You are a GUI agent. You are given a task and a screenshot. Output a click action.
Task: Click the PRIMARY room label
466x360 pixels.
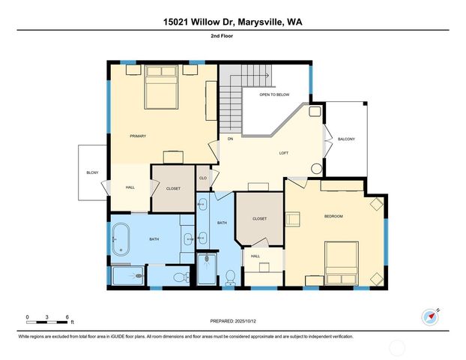click(x=137, y=136)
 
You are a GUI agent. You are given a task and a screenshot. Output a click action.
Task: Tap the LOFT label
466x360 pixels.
click(x=284, y=152)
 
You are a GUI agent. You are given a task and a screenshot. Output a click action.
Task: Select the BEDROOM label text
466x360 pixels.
click(x=333, y=217)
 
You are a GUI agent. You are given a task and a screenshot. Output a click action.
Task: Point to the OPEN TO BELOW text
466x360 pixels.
click(x=274, y=95)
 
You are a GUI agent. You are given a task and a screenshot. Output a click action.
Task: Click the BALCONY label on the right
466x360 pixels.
click(x=346, y=139)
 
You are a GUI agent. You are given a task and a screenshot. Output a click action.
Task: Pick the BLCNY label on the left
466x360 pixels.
click(x=93, y=173)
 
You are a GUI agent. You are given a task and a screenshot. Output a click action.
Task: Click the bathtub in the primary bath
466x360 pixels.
click(x=123, y=241)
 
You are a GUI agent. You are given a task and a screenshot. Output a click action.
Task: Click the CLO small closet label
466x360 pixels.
click(x=203, y=178)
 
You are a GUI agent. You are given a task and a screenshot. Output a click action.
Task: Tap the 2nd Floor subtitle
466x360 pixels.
click(x=232, y=35)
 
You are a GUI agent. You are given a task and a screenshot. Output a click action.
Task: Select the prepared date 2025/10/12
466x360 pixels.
click(x=232, y=320)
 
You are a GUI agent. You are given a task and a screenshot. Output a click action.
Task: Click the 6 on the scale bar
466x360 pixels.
click(x=67, y=318)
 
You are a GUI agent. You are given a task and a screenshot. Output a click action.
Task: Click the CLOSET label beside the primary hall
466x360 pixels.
click(x=173, y=188)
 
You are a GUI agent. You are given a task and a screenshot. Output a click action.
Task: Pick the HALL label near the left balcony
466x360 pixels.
click(x=130, y=187)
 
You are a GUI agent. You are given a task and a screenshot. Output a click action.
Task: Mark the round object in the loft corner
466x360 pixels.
click(x=317, y=169)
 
